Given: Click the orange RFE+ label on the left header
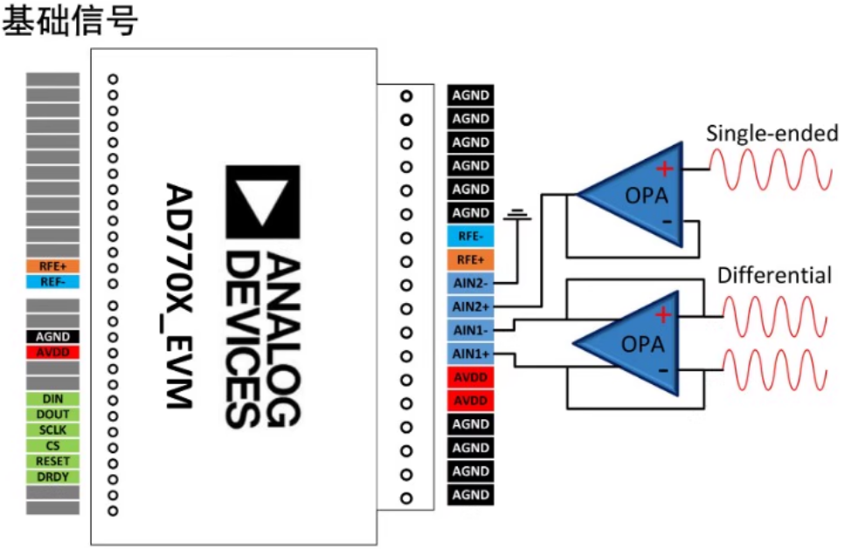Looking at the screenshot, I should coord(53,266).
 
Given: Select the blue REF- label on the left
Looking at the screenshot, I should coord(53,282).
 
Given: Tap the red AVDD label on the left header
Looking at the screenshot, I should coord(53,352).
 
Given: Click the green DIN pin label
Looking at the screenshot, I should coord(53,399).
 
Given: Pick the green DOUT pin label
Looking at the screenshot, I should coord(53,415).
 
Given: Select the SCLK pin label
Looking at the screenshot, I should coord(53,430).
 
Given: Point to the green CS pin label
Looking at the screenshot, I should coord(53,446).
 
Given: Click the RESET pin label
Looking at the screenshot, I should coord(53,461).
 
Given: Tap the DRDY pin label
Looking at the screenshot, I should coord(53,477).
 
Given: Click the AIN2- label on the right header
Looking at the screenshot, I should coord(471,283).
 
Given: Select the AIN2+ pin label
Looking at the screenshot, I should coord(471,306).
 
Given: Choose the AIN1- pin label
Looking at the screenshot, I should coord(471,330).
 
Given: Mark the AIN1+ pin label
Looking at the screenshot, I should coord(471,354).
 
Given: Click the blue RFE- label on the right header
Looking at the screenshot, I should coord(471,236).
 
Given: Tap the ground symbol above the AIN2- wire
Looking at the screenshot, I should coord(522,214).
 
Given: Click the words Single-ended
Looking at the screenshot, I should coord(771,134).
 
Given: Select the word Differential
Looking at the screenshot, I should coord(774,276).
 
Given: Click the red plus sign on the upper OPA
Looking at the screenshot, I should coord(666,169).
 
